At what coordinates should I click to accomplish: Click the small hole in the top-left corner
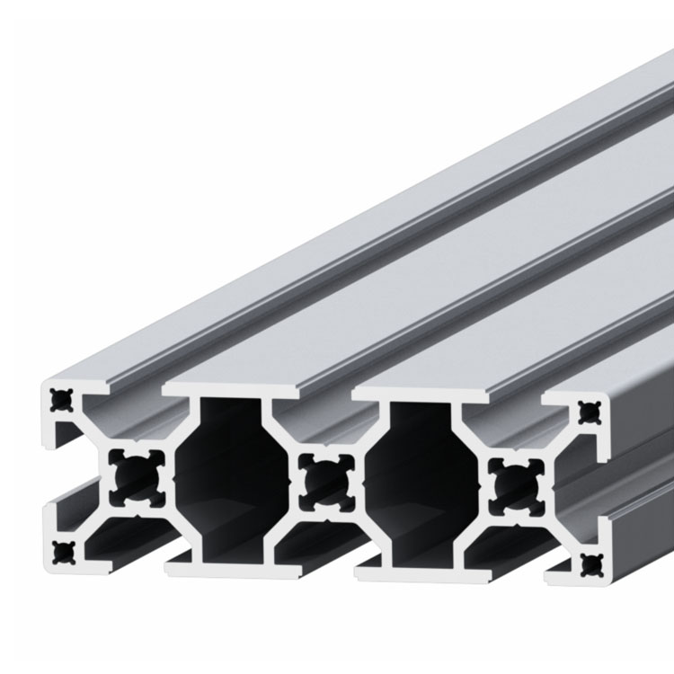pyautogui.click(x=61, y=395)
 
